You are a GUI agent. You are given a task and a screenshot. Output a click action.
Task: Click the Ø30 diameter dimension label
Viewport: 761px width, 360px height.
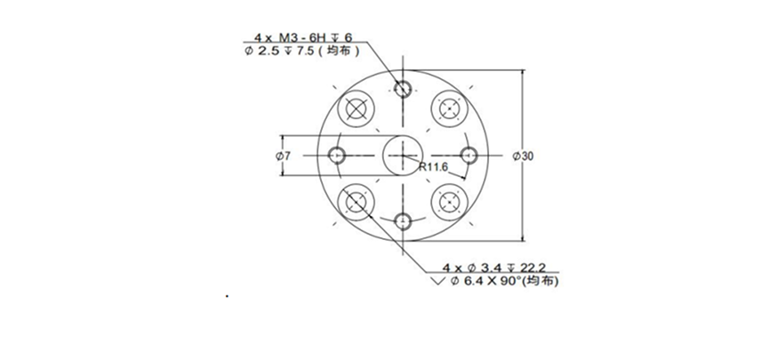click(x=523, y=156)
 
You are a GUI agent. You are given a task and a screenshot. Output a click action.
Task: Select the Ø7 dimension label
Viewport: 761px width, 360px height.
click(x=283, y=156)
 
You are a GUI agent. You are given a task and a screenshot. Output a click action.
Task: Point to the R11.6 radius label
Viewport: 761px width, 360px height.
click(x=434, y=167)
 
